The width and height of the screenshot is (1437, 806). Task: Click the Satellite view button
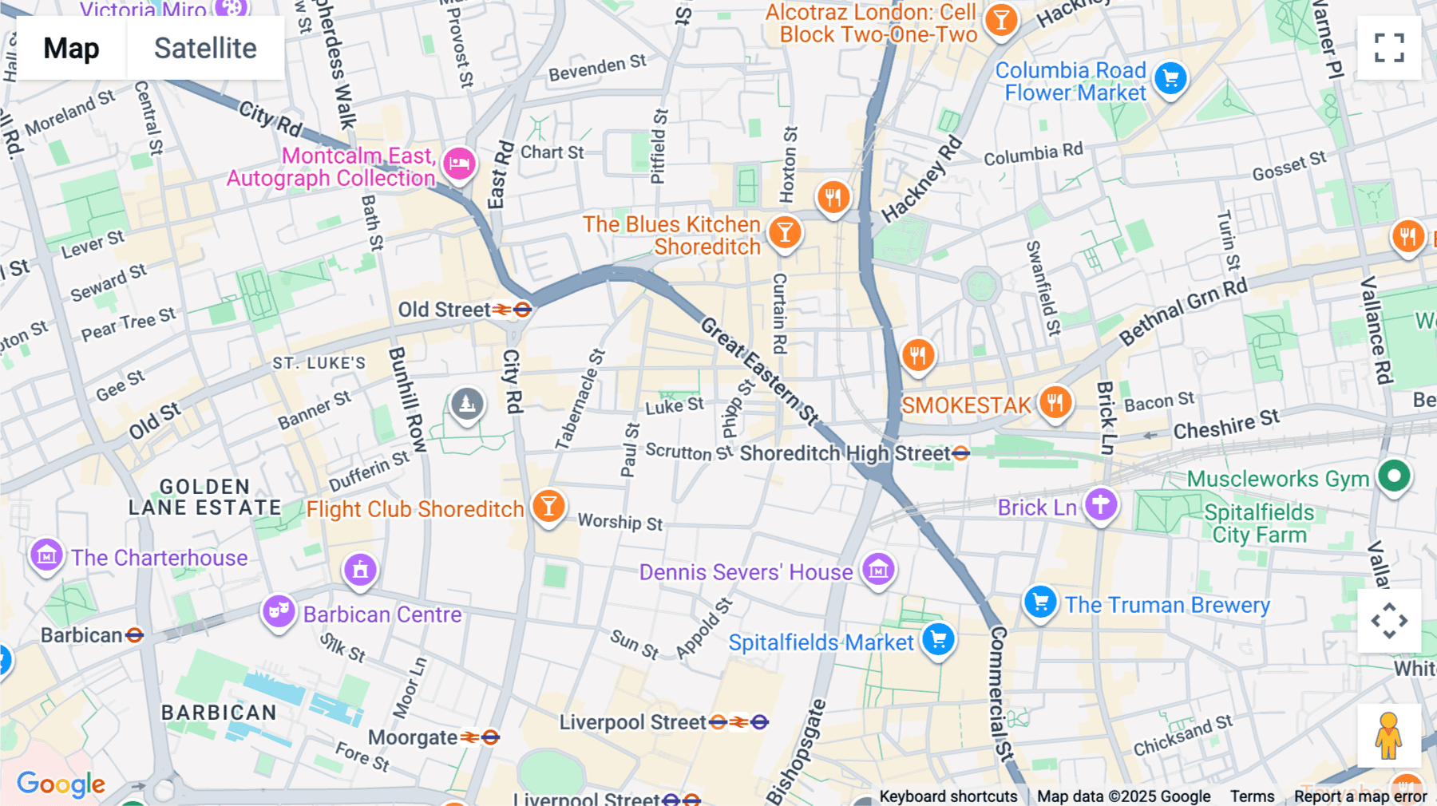pyautogui.click(x=205, y=49)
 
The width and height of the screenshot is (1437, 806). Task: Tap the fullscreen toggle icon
pyautogui.click(x=1389, y=48)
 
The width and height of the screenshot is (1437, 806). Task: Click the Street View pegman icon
pyautogui.click(x=1389, y=735)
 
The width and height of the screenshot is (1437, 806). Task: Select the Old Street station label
pyautogui.click(x=445, y=310)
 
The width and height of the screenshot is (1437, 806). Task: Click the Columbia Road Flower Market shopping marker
pyautogui.click(x=1170, y=78)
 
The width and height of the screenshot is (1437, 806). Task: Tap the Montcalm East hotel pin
pyautogui.click(x=459, y=164)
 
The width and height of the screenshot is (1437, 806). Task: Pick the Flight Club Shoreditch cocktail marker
pyautogui.click(x=548, y=506)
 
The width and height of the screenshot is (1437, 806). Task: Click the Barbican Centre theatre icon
pyautogui.click(x=279, y=612)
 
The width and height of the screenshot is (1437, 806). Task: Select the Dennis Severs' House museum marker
pyautogui.click(x=878, y=570)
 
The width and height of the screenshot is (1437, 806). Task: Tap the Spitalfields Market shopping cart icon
pyautogui.click(x=938, y=639)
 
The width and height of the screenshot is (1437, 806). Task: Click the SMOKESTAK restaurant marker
pyautogui.click(x=1055, y=403)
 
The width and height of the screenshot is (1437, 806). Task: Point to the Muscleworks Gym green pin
pyautogui.click(x=1394, y=477)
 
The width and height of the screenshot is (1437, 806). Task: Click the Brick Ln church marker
pyautogui.click(x=1101, y=504)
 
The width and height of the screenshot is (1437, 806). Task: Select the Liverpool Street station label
pyautogui.click(x=632, y=722)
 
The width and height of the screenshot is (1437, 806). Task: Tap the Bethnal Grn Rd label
pyautogui.click(x=1182, y=312)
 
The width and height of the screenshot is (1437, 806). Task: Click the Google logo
pyautogui.click(x=61, y=784)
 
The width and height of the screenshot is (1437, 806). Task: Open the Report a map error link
pyautogui.click(x=1360, y=796)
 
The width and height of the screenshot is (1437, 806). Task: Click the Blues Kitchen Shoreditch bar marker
pyautogui.click(x=785, y=233)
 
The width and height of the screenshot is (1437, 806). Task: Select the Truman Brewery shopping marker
pyautogui.click(x=1040, y=602)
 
